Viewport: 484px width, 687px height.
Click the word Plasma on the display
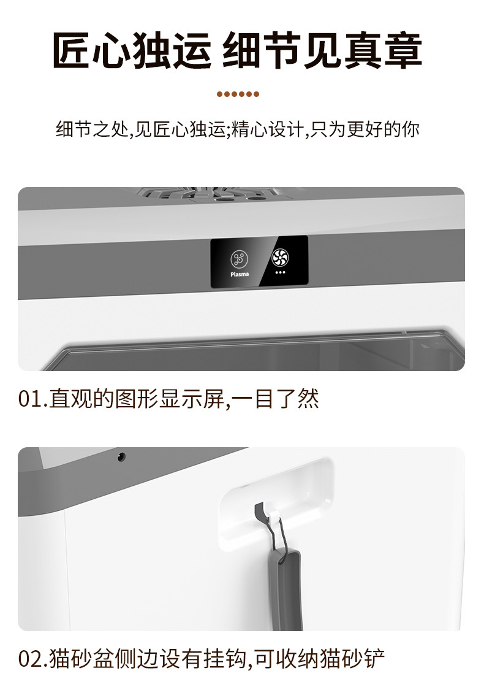240,274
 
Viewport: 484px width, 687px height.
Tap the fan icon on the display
280,258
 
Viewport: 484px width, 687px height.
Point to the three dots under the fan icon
280,272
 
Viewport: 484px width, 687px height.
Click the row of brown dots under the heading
238,94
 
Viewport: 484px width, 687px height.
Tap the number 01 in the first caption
28,399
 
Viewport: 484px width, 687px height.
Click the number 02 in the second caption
29,660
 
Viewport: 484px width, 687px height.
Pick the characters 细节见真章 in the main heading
322,50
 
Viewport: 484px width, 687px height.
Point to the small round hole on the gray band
121,456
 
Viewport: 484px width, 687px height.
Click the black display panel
259,262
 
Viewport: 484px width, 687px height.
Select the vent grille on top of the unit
208,194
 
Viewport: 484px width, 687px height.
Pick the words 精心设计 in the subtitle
267,130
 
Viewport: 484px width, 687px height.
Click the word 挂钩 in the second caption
224,660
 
